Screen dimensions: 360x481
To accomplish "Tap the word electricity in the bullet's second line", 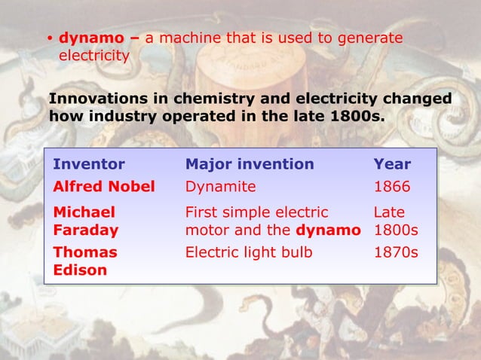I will point(93,56).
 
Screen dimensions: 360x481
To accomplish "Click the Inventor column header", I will point(89,164).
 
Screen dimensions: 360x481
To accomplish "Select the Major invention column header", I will point(250,164).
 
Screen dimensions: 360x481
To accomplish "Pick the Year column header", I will point(393,164).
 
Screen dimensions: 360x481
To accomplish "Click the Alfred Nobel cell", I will point(104,186).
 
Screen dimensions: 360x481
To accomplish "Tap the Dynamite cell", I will point(221,186).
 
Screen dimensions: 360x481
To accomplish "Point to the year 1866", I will point(393,186).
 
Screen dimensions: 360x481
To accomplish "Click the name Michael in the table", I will point(84,212).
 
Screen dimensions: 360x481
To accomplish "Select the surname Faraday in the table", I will point(84,230).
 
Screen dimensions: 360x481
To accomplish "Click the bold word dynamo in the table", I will point(328,230).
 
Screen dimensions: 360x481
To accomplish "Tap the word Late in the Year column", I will point(391,212).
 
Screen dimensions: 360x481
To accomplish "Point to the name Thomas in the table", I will point(85,252).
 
